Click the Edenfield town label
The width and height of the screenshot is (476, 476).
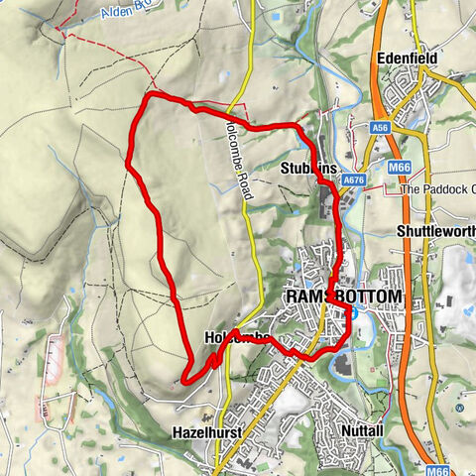tap(409, 59)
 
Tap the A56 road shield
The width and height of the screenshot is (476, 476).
tap(381, 128)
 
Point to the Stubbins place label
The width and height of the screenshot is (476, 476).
tap(308, 168)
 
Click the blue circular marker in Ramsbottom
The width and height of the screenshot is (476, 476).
tap(352, 314)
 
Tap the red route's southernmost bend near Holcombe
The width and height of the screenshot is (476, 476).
tap(186, 378)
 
